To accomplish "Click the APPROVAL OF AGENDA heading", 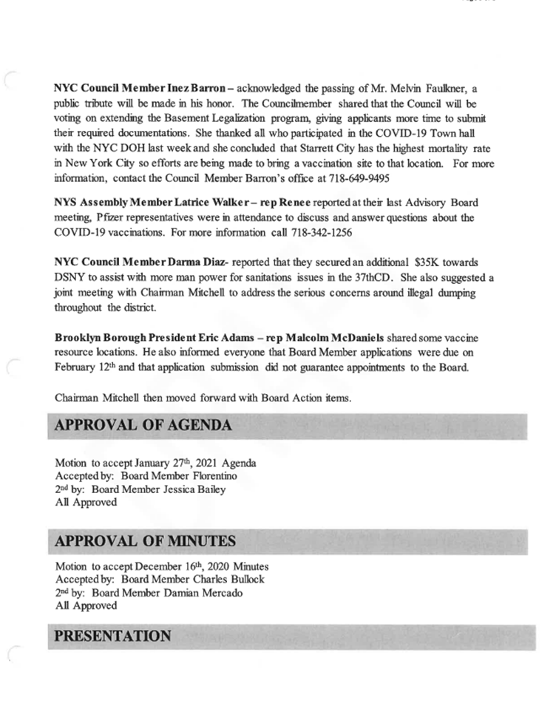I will tap(143, 425).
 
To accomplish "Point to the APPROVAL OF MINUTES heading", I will tap(146, 541).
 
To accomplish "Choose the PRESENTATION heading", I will tap(113, 635).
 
